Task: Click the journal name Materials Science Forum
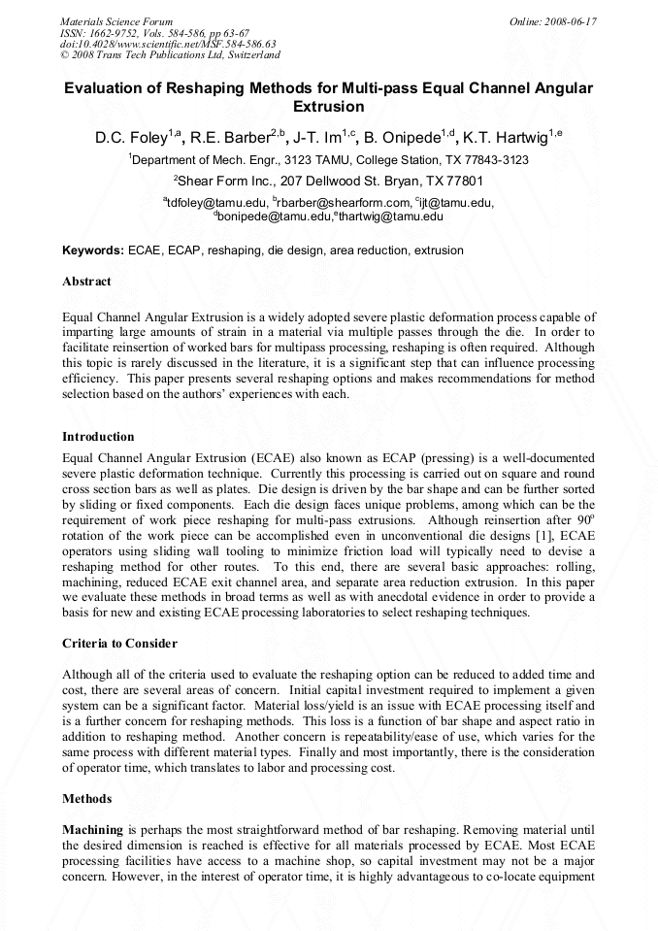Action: (x=116, y=21)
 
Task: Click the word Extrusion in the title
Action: (x=328, y=107)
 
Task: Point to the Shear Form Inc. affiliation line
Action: (x=328, y=181)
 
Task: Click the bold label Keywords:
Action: (x=93, y=250)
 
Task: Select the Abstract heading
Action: (x=86, y=282)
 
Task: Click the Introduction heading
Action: (x=98, y=437)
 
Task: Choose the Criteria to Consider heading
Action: (x=119, y=644)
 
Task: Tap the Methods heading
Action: (x=86, y=799)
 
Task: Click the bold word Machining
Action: (x=92, y=831)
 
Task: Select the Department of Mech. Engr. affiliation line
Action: (x=328, y=159)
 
